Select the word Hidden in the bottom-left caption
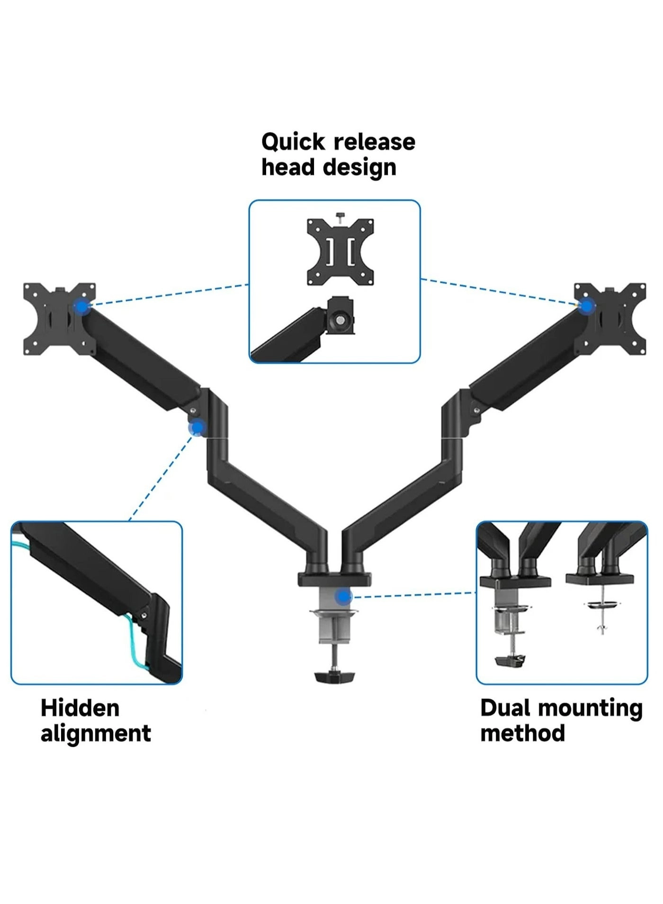click(80, 708)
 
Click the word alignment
click(96, 733)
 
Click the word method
click(522, 733)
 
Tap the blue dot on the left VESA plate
click(82, 307)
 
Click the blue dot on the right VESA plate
click(587, 306)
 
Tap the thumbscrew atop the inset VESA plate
click(340, 217)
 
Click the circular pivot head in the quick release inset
click(340, 320)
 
